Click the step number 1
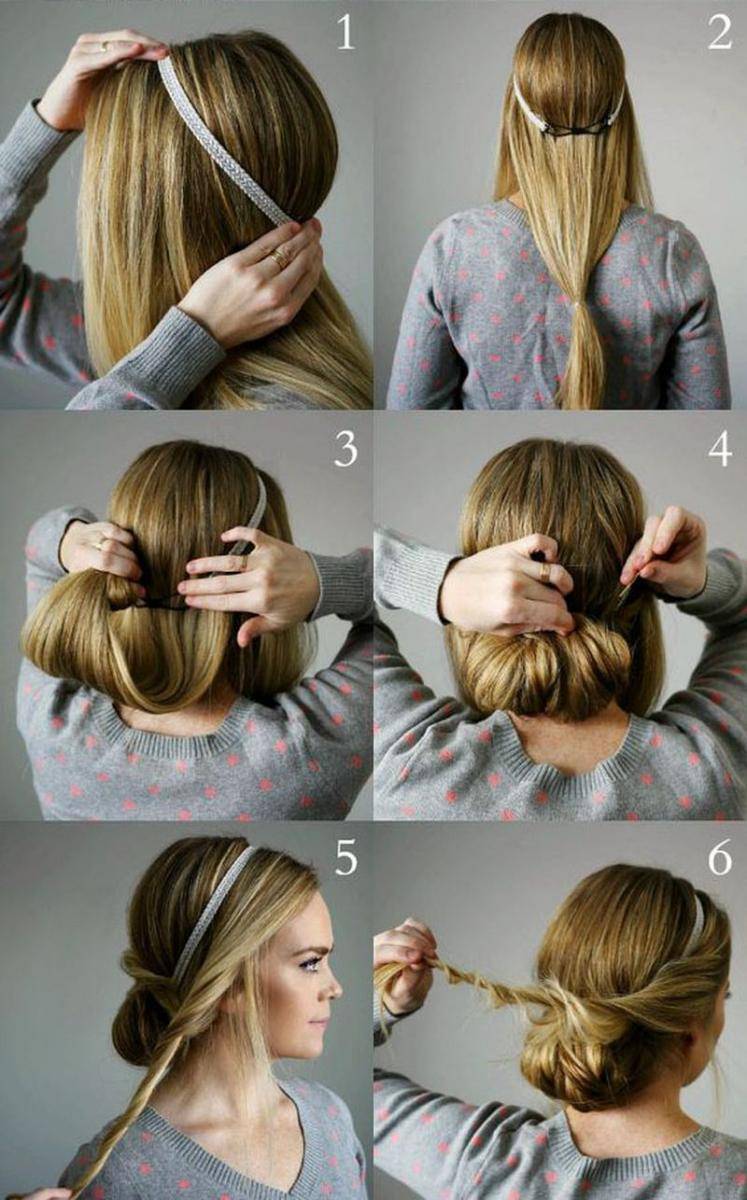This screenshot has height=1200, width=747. [x=345, y=33]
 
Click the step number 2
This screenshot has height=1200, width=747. [x=720, y=32]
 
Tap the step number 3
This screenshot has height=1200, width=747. [x=346, y=449]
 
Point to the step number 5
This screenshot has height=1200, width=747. [x=346, y=858]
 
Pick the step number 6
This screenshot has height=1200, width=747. [x=720, y=858]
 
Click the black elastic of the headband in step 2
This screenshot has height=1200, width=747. [x=578, y=130]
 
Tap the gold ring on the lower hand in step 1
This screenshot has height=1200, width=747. [x=280, y=258]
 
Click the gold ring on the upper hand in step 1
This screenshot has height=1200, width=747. [x=103, y=47]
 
